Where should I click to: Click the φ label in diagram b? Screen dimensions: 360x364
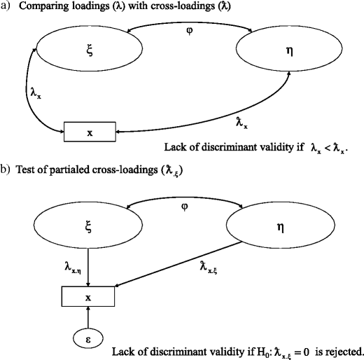(185, 208)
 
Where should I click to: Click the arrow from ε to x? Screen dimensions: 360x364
(89, 318)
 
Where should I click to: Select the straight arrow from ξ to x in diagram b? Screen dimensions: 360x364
(88, 273)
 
